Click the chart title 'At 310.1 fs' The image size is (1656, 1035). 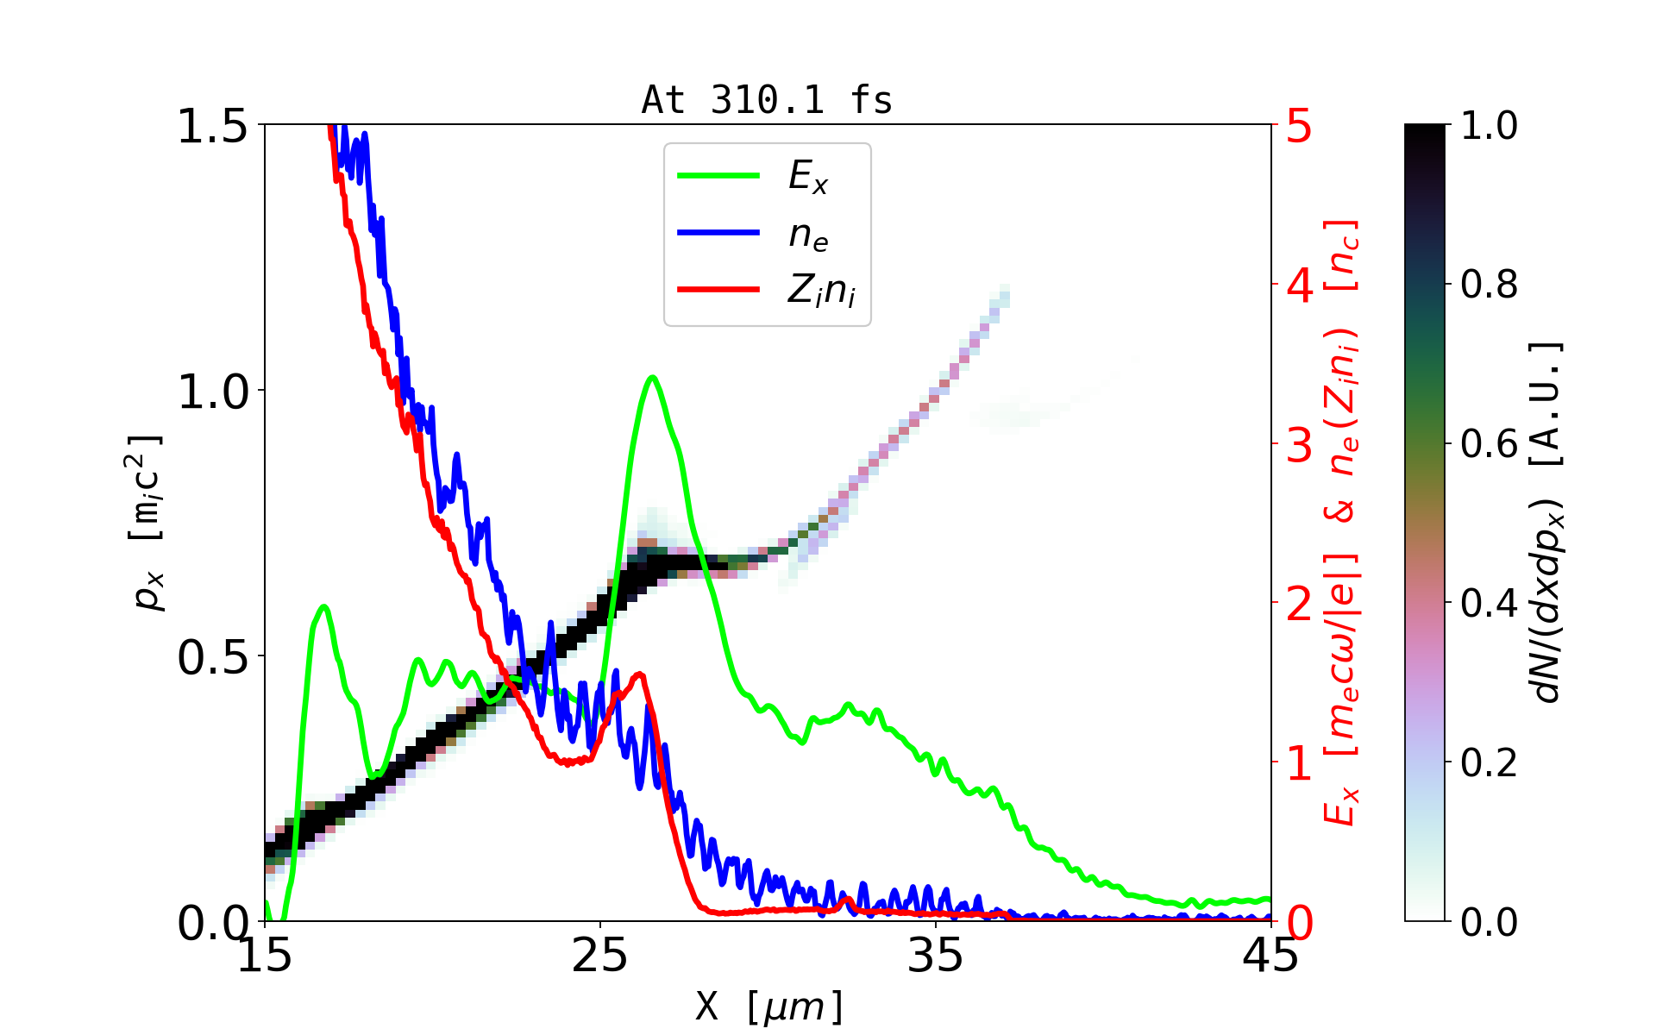pos(767,100)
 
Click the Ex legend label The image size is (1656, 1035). pos(808,177)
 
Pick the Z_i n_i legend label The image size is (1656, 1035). pos(821,291)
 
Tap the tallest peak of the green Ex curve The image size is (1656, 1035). pos(653,377)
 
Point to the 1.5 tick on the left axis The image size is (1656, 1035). pos(212,126)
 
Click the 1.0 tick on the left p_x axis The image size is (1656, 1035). pos(212,392)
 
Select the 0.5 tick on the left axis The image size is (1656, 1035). pos(212,657)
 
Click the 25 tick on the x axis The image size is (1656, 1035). pos(600,956)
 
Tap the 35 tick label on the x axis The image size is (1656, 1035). pos(936,956)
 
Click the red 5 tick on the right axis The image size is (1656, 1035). pos(1299,126)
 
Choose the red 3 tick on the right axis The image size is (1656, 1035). pos(1299,445)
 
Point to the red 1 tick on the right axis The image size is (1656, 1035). pos(1299,763)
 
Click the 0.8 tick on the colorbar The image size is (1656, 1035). pos(1489,284)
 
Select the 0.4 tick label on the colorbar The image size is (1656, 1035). pos(1489,603)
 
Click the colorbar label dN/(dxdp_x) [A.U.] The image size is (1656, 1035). pos(1549,523)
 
